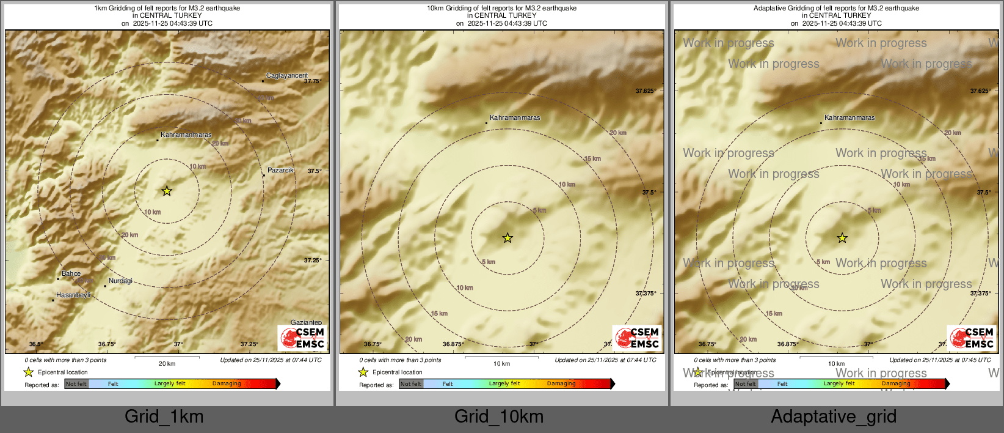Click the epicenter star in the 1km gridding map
pyautogui.click(x=167, y=191)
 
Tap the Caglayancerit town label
pyautogui.click(x=287, y=76)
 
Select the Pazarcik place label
pyautogui.click(x=280, y=170)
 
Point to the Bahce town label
pyautogui.click(x=71, y=273)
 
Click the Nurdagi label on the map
pyautogui.click(x=120, y=281)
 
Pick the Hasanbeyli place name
pyautogui.click(x=73, y=295)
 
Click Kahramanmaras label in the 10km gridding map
pyautogui.click(x=515, y=117)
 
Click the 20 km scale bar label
pyautogui.click(x=167, y=363)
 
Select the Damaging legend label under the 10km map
pyautogui.click(x=561, y=383)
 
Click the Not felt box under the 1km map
pyautogui.click(x=76, y=383)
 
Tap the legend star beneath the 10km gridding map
pyautogui.click(x=363, y=372)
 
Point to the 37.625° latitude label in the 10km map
pyautogui.click(x=646, y=91)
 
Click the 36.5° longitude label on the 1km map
pyautogui.click(x=36, y=344)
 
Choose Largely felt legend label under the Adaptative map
pyautogui.click(x=839, y=383)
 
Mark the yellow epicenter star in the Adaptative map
pyautogui.click(x=842, y=238)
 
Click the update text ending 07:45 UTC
pyautogui.click(x=940, y=360)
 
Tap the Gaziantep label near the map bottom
pyautogui.click(x=306, y=322)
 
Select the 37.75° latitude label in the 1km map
pyautogui.click(x=313, y=81)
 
